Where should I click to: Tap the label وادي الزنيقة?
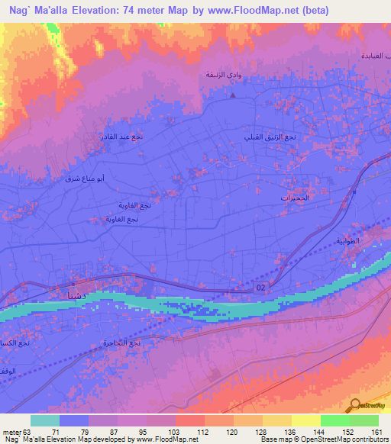tap(222, 75)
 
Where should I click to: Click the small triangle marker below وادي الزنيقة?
tap(233, 96)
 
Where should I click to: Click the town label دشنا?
tap(63, 294)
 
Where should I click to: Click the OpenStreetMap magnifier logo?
tap(356, 404)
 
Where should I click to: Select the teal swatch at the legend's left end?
tap(45, 420)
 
